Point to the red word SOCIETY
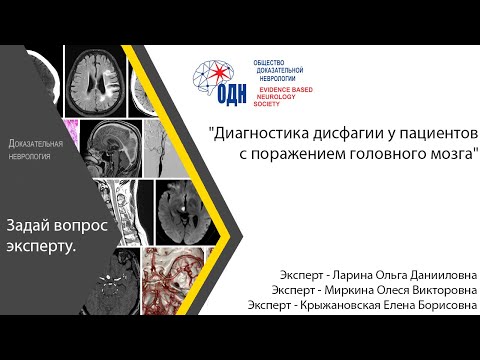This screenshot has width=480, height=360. click(x=269, y=104)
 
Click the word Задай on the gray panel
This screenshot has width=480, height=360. click(x=30, y=226)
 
